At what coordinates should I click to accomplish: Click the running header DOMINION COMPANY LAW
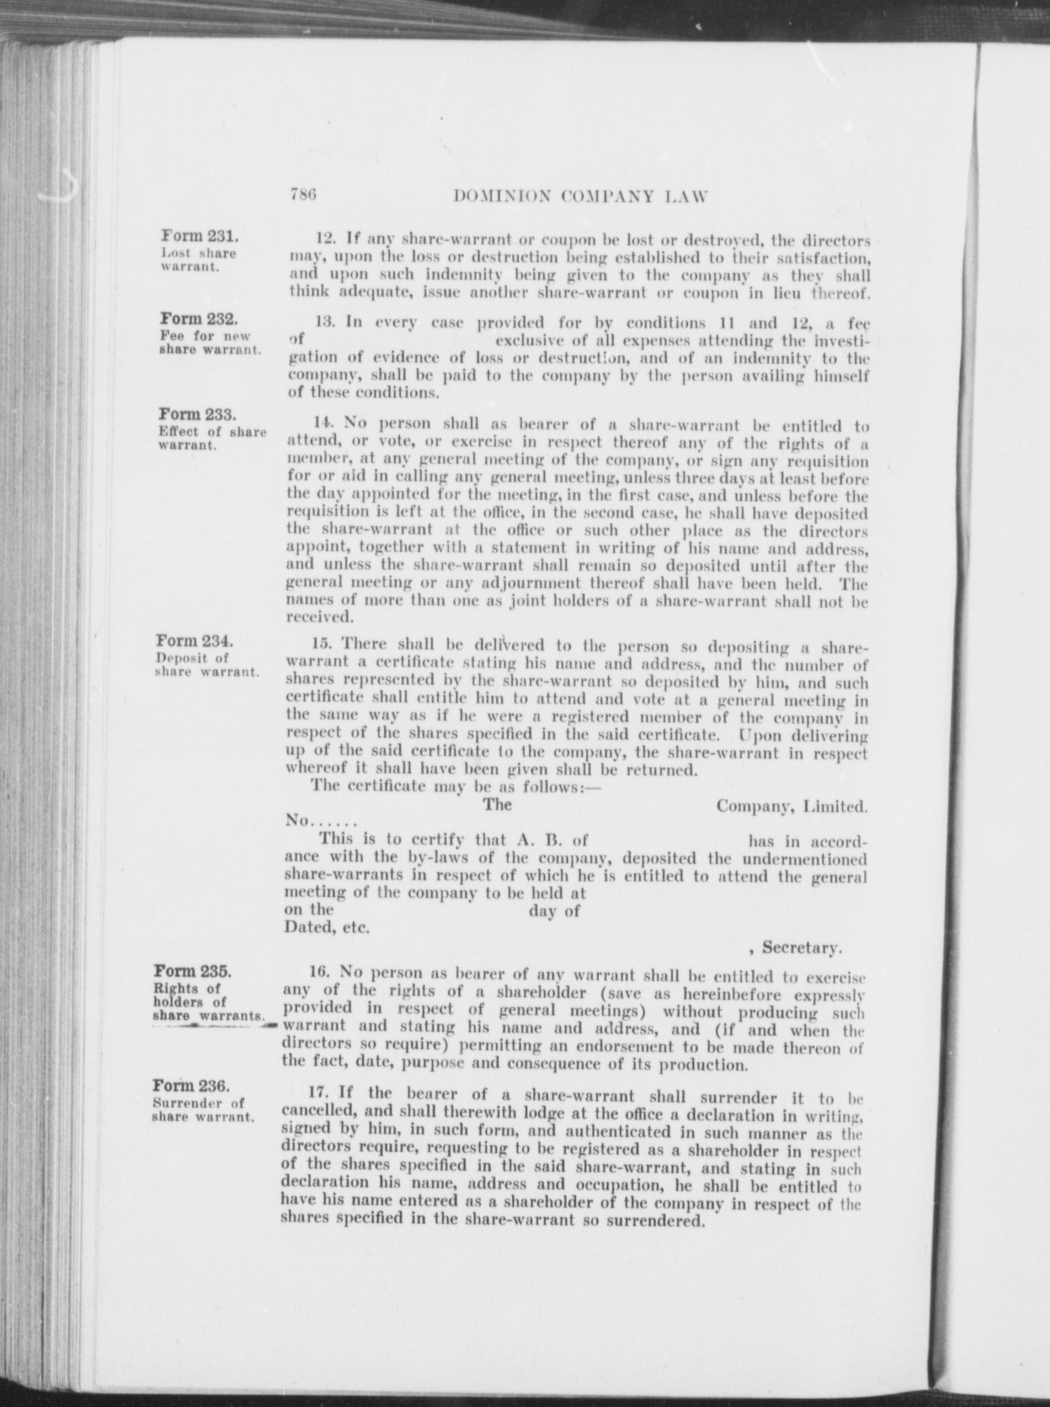pos(580,197)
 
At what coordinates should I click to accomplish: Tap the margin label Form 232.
pos(198,319)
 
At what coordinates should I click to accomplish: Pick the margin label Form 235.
pos(193,971)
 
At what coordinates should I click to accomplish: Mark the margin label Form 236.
pos(191,1086)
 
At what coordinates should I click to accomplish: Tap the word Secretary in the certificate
pos(801,948)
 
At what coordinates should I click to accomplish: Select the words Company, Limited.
pos(792,806)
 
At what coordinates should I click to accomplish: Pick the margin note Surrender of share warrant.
pos(203,1109)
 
